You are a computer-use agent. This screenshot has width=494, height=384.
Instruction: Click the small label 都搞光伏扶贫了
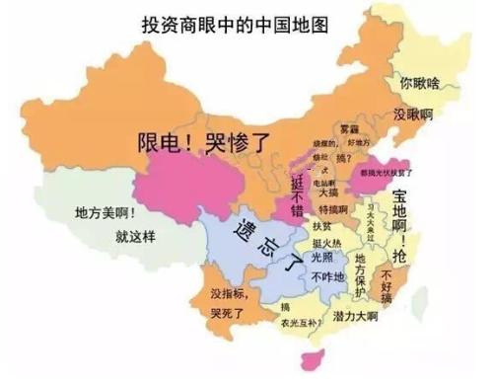tap(387, 170)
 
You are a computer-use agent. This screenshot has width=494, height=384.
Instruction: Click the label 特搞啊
tap(333, 209)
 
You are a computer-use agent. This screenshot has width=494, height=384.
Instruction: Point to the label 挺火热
tap(324, 243)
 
